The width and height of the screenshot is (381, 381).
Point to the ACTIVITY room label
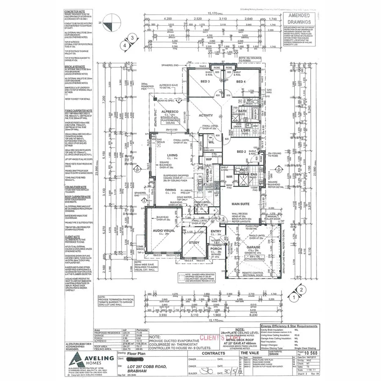coord(206,115)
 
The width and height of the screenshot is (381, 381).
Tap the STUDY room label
coord(194,243)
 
